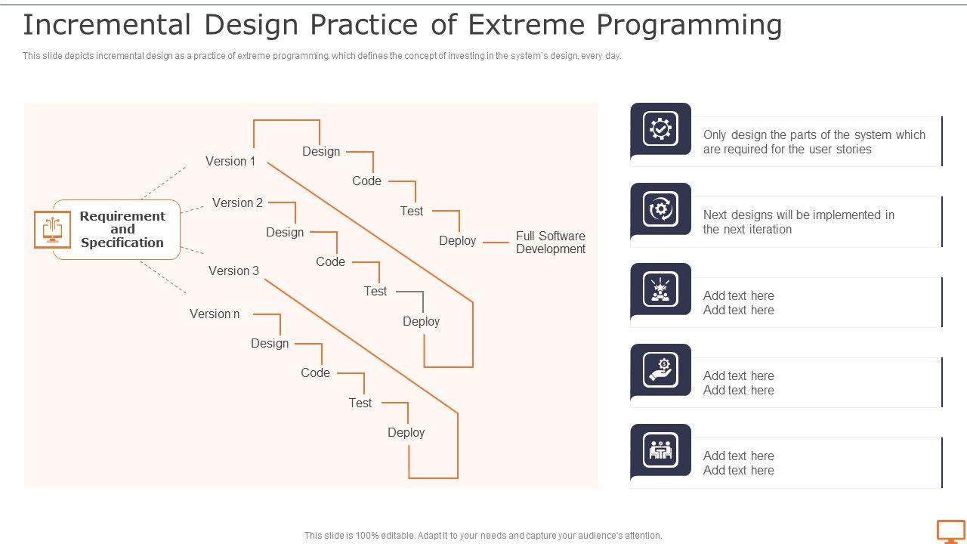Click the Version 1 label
coord(230,161)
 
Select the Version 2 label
coord(237,202)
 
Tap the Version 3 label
coord(233,270)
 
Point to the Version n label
coord(215,314)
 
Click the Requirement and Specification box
coord(122,230)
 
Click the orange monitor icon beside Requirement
coord(52,230)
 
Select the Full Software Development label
coord(550,243)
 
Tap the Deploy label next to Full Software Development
coord(457,241)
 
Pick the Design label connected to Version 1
coord(321,151)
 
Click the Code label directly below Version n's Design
coord(315,372)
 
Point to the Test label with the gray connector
coord(375,291)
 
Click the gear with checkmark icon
coord(660,129)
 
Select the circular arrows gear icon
coord(660,209)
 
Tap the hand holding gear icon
coord(660,370)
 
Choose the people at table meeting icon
coord(660,450)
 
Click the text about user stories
coord(814,142)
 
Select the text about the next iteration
coord(799,222)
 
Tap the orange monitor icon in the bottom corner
coord(950,531)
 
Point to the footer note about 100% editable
coord(483,535)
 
